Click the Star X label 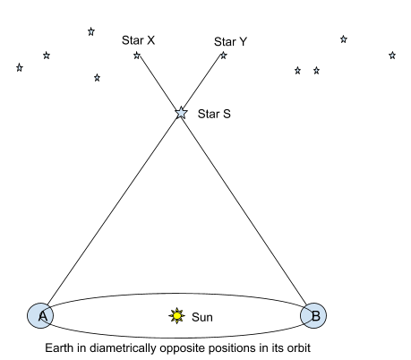tap(138, 40)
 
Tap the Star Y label tap(230, 42)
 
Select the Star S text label tap(214, 114)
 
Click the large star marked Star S tap(181, 113)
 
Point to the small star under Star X tap(137, 56)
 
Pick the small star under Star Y tap(224, 56)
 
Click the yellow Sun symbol tap(176, 315)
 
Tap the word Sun tap(202, 317)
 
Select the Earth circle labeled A tap(40, 316)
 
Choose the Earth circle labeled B tap(313, 316)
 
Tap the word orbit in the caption tap(299, 348)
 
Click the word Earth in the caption tap(59, 348)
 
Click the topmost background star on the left tap(91, 31)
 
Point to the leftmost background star tap(20, 67)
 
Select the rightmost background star tap(392, 56)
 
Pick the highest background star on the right tap(344, 39)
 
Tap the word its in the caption tap(278, 348)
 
